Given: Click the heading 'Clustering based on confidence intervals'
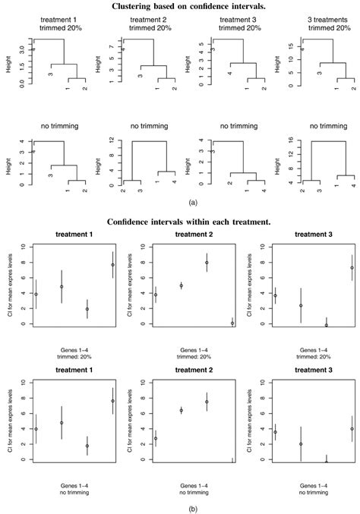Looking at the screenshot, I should point(179,7).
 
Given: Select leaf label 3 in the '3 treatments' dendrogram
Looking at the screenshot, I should point(318,74).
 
